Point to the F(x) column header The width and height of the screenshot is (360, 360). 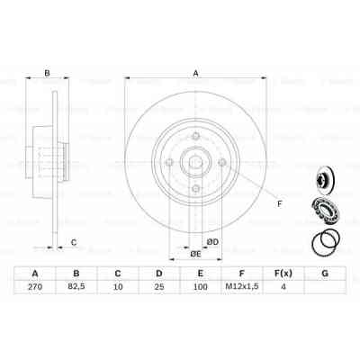(x=283, y=273)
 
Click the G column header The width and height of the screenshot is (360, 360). (x=324, y=273)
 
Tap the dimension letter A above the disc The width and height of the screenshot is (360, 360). (x=194, y=75)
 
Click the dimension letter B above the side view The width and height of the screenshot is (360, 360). (x=48, y=75)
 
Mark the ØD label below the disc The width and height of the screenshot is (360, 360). (x=212, y=241)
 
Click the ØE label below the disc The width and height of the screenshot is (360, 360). (x=195, y=255)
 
